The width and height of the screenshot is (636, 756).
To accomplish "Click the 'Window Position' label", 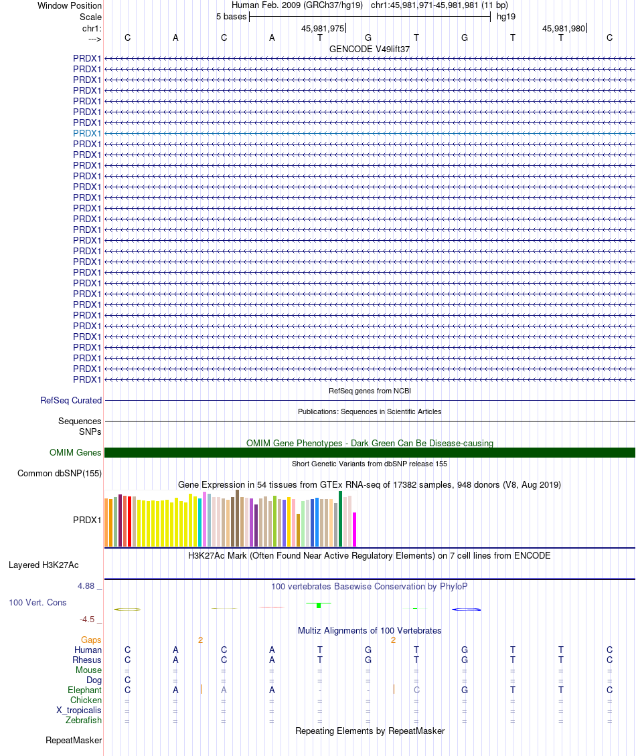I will tap(70, 5).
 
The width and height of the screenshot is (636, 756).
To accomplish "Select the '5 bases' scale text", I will tap(231, 16).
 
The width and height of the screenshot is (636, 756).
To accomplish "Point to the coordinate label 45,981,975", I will tap(323, 29).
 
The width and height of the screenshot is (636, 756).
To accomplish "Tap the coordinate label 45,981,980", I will tap(564, 29).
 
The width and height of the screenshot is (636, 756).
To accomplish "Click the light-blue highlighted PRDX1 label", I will tap(87, 133).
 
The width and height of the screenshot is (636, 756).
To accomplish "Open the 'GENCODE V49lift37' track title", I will tap(370, 49).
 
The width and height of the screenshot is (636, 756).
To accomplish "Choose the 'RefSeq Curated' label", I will tap(71, 400).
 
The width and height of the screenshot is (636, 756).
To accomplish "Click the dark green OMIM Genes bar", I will tap(370, 453).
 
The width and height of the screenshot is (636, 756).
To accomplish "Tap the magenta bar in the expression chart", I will tap(355, 529).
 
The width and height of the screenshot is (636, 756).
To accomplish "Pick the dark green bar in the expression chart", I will tap(340, 518).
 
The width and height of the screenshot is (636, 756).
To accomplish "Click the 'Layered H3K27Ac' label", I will tap(44, 565).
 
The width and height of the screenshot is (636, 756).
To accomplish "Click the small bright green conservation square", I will tap(319, 605).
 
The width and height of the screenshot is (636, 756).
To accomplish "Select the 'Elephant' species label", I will tap(84, 690).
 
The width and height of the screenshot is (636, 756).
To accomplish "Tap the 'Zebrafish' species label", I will tap(84, 720).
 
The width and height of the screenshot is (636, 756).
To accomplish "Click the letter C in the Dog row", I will tap(127, 680).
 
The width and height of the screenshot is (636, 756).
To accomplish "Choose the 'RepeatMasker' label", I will tap(74, 740).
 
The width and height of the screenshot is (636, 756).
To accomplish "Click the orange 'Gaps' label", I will tap(91, 640).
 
